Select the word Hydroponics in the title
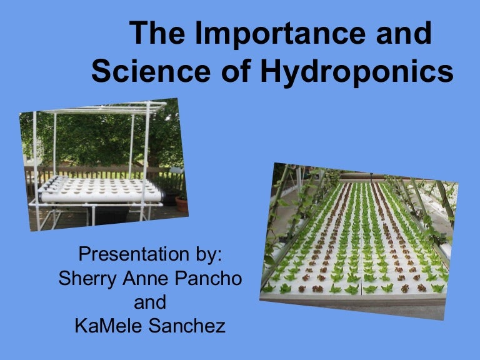pos(356,72)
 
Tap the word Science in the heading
pos(151,71)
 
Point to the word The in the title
pos(157,32)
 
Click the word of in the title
pos(236,71)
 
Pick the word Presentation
pos(134,254)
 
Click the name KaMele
pos(108,326)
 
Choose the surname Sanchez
pos(187,326)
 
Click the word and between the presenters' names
pos(150,302)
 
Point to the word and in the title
pos(404,33)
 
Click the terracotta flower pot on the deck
pos(181,204)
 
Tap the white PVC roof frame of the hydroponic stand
pos(104,108)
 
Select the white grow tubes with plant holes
pos(101,190)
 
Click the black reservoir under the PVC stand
pos(111,214)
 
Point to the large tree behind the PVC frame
pos(104,137)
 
